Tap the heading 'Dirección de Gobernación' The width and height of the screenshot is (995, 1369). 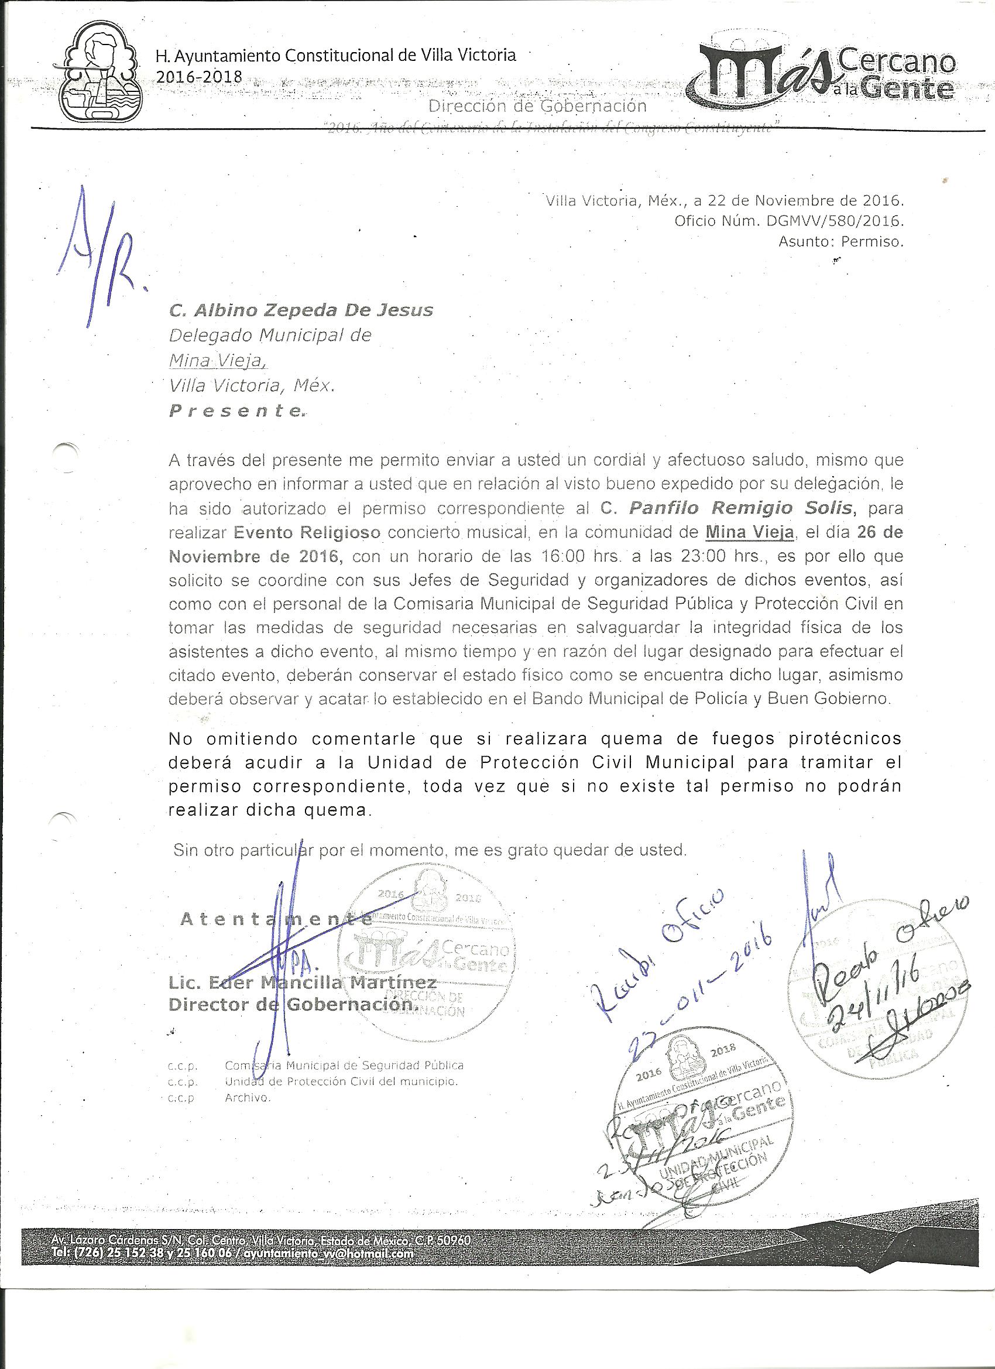pyautogui.click(x=537, y=107)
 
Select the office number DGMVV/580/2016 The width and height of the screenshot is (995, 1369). pyautogui.click(x=835, y=221)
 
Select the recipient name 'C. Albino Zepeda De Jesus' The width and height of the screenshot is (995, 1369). pyautogui.click(x=301, y=310)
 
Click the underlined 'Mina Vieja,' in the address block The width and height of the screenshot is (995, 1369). pyautogui.click(x=217, y=361)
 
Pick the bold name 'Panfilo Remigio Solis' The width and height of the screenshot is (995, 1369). pyautogui.click(x=741, y=508)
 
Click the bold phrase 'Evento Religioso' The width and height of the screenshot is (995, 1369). pyautogui.click(x=307, y=532)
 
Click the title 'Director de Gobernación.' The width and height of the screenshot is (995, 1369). pyautogui.click(x=292, y=1005)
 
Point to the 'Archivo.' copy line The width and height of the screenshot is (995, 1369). pyautogui.click(x=248, y=1098)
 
